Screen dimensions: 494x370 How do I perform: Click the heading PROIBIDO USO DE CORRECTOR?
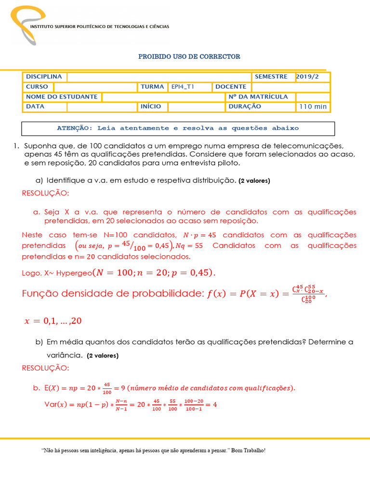coord(189,56)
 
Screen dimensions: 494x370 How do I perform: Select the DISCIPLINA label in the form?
coord(44,77)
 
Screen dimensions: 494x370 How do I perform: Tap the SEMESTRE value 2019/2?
coord(306,77)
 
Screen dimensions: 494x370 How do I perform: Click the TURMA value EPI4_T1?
coord(182,87)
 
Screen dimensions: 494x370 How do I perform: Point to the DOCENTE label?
coord(231,87)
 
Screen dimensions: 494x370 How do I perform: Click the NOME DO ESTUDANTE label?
coord(62,96)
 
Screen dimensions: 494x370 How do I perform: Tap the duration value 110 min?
coord(313,107)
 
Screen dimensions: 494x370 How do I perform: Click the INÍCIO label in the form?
coord(151,106)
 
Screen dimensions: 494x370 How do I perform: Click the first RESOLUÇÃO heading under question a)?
coord(45,193)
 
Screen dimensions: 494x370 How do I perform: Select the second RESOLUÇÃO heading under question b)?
coord(45,368)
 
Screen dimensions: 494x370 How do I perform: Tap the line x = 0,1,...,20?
coord(50,320)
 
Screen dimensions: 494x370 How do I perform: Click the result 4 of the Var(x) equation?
coord(214,404)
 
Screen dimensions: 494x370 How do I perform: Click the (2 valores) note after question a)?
coord(254,181)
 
